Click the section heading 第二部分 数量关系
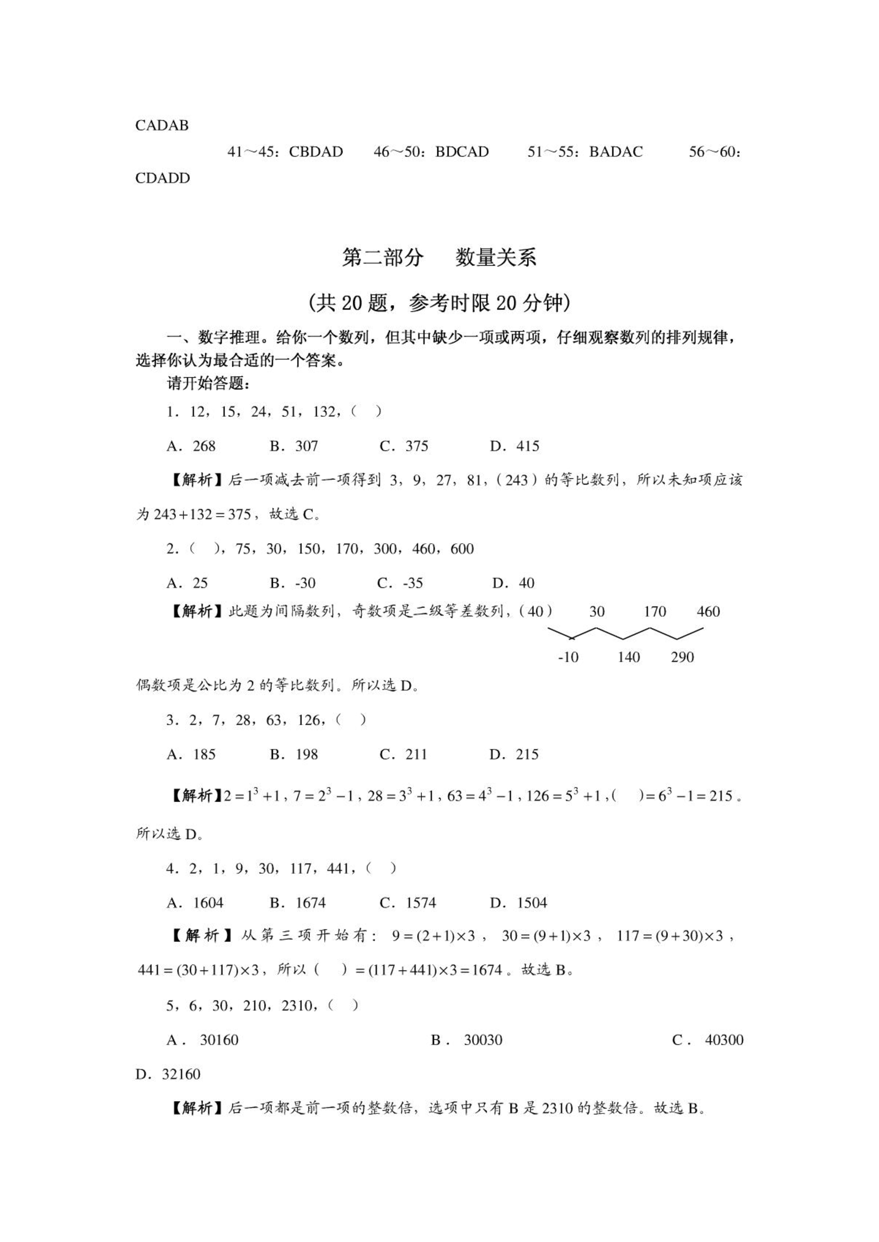coord(439,258)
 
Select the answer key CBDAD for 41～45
coord(315,152)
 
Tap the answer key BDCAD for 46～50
coord(462,152)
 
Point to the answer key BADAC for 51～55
coord(615,152)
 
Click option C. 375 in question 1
coord(404,446)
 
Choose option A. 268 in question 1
coord(191,446)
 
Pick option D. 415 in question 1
coord(514,446)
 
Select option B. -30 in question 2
coord(293,583)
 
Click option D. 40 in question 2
coord(513,583)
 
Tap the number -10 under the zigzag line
coord(568,657)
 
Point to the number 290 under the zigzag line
coord(682,657)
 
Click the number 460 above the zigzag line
coord(708,612)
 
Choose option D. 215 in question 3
coord(514,754)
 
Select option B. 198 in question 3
coord(294,754)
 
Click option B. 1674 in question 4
coord(298,903)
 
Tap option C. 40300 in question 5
coord(708,1040)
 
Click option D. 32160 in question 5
coord(168,1074)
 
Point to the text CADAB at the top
coord(162,126)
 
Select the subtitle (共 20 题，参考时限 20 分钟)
coord(439,303)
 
